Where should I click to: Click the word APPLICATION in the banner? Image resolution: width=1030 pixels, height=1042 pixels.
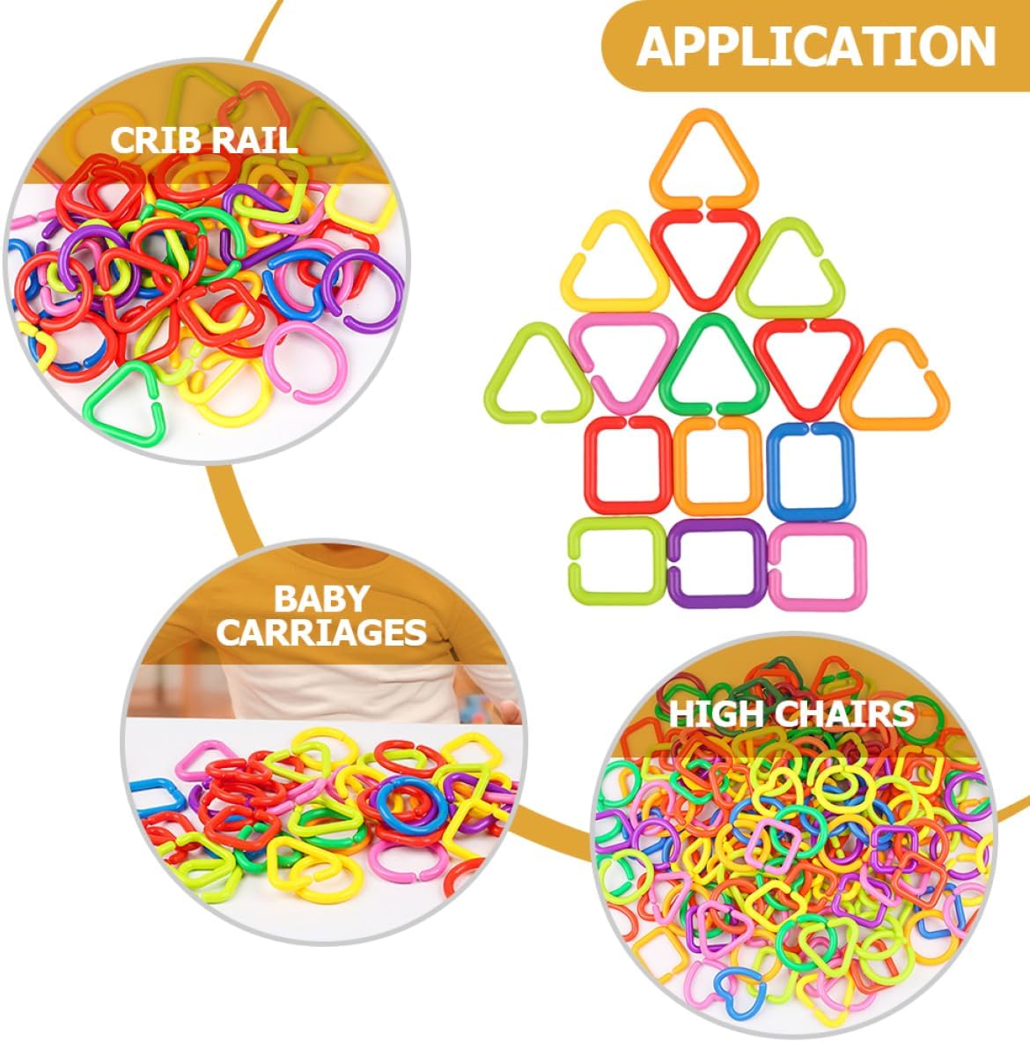[x=816, y=46]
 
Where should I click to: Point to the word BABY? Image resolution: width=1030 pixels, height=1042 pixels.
[x=320, y=599]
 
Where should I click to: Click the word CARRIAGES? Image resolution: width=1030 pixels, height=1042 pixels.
[x=322, y=632]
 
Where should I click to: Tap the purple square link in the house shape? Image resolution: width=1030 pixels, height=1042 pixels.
[x=717, y=563]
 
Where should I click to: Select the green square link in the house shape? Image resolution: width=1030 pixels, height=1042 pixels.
[x=615, y=561]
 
